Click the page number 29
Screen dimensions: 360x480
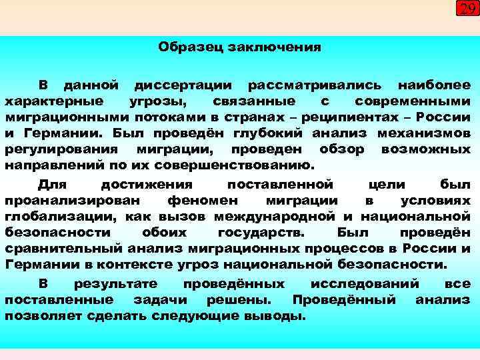pos(467,8)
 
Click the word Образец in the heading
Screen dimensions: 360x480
pos(193,47)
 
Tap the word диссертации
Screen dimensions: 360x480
pos(183,85)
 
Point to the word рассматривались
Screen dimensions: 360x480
pos(315,85)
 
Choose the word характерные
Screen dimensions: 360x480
pos(54,101)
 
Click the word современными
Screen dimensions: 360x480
pos(413,101)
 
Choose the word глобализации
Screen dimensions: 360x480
pos(56,217)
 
